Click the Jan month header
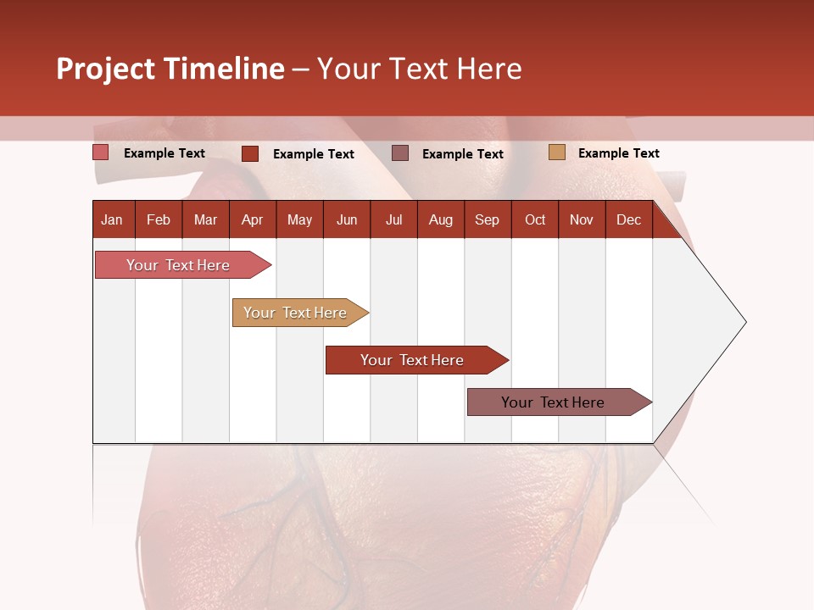point(112,219)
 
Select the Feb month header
point(159,219)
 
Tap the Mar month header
point(205,219)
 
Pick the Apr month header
point(253,219)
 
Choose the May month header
point(299,219)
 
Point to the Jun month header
point(347,219)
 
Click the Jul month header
point(393,219)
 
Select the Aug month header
point(441,219)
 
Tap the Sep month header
point(488,219)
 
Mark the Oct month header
point(535,219)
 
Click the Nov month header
point(582,219)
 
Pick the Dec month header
point(629,219)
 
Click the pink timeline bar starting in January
point(179,265)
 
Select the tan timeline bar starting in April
point(296,313)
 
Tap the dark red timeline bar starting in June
point(413,360)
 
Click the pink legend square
point(101,152)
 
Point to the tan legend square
point(556,152)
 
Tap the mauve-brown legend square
point(400,152)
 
